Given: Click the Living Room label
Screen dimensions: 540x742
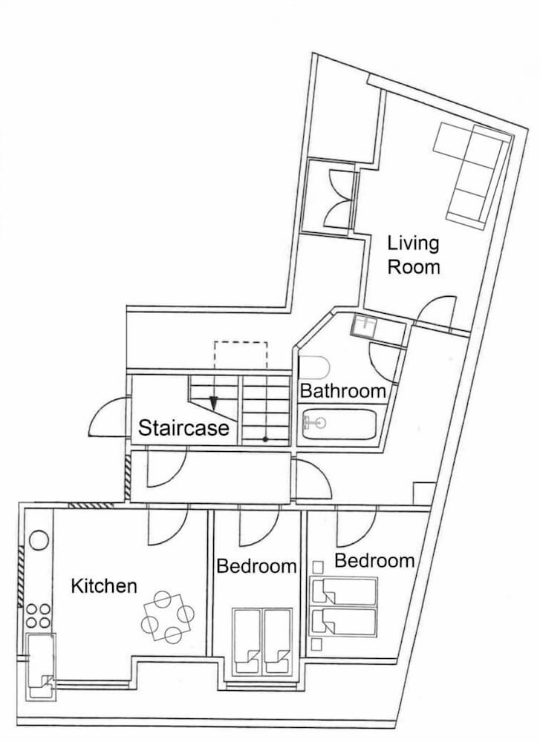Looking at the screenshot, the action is [414, 255].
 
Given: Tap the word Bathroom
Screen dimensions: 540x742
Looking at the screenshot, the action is [343, 391].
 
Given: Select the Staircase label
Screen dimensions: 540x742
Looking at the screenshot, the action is [183, 428].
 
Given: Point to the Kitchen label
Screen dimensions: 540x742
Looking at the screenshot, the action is [104, 586].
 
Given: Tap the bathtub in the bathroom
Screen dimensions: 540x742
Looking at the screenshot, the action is [339, 424].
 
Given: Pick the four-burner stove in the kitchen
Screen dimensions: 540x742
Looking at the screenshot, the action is [38, 616].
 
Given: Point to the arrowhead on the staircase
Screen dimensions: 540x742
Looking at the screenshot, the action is [214, 403].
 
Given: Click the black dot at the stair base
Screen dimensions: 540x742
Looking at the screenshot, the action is [265, 439].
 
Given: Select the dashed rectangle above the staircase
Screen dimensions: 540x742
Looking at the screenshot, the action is [241, 355].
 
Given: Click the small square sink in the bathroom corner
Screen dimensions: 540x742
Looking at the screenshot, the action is [364, 326].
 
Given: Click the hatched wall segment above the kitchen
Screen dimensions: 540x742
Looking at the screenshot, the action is [91, 505].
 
